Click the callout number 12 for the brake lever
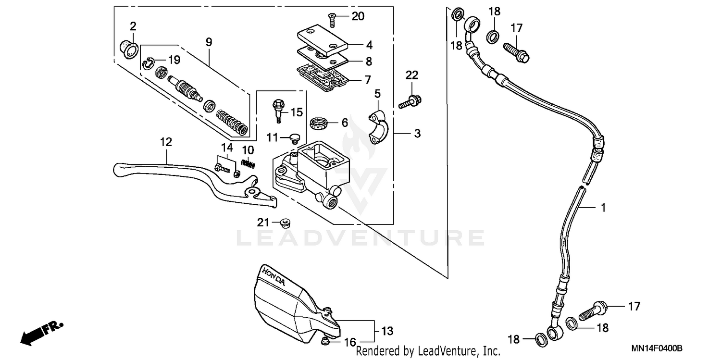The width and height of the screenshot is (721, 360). coord(165,142)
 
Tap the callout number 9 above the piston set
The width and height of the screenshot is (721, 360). coord(209,42)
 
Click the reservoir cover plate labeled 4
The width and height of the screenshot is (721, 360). coord(323,41)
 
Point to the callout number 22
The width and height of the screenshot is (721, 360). coord(412,75)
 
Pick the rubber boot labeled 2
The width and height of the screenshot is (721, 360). coord(129,48)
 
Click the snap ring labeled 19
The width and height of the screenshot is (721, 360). coord(149,61)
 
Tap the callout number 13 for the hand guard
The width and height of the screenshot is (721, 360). coord(387,331)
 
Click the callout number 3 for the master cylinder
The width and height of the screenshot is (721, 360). coord(417,133)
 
